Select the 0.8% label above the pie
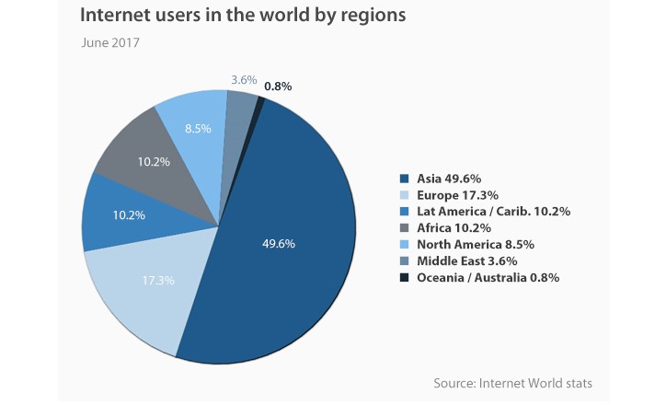coord(277,87)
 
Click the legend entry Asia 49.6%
coord(448,179)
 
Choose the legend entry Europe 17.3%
coord(456,195)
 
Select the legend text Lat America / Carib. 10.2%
coord(493,212)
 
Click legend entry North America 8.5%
coord(475,245)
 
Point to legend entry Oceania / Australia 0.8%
coord(488,278)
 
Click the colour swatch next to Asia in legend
coord(404,179)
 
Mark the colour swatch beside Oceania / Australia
coord(404,278)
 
